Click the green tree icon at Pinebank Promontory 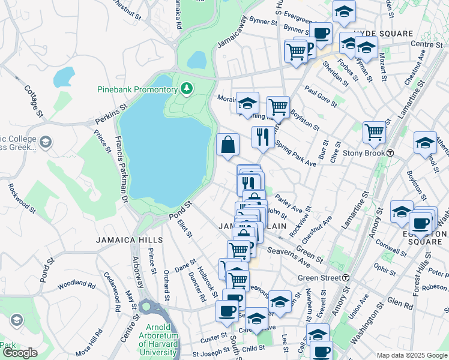click(187, 89)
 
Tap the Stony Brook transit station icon click(390, 153)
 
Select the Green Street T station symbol click(346, 278)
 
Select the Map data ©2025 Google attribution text click(411, 355)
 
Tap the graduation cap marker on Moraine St click(247, 103)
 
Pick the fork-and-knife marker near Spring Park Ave click(262, 137)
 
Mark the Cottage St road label click(35, 100)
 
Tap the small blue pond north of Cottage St click(64, 77)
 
